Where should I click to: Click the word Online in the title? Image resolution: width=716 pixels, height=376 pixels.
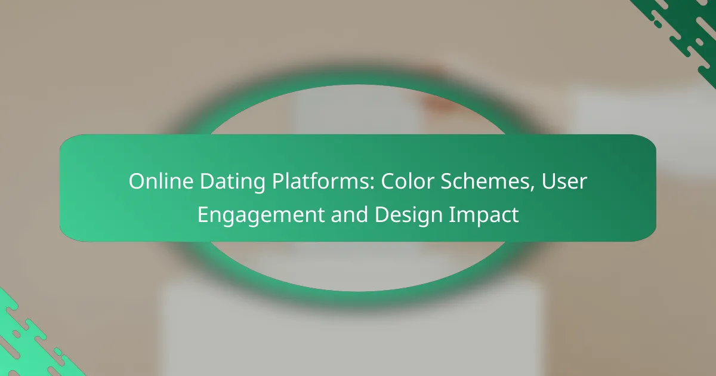tap(156, 182)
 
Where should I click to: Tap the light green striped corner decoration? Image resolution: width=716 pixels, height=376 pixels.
tap(30, 340)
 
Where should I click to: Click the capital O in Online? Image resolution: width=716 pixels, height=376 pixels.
tap(136, 182)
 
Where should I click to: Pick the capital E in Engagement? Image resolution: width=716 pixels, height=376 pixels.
tap(203, 215)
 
